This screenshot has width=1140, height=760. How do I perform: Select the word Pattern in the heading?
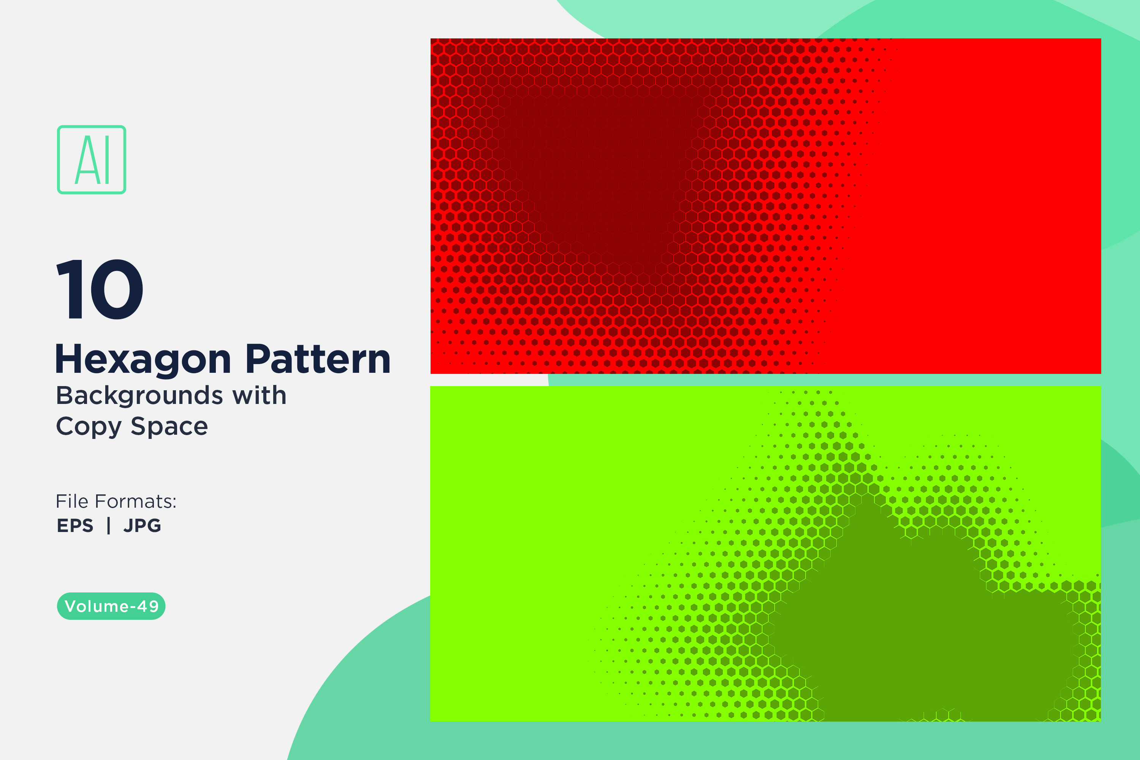click(x=318, y=359)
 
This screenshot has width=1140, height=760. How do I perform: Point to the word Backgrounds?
click(x=139, y=395)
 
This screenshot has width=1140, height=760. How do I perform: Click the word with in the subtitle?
click(x=259, y=395)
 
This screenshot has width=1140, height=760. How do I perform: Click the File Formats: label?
click(x=116, y=501)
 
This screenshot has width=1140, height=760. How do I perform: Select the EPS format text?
click(x=75, y=526)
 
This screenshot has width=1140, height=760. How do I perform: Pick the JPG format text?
click(x=142, y=526)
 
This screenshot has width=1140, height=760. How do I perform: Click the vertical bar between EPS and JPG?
click(x=109, y=526)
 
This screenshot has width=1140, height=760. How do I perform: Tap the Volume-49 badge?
click(x=111, y=606)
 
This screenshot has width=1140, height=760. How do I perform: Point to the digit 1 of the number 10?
click(x=69, y=289)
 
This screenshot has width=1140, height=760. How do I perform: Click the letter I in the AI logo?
click(x=107, y=160)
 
